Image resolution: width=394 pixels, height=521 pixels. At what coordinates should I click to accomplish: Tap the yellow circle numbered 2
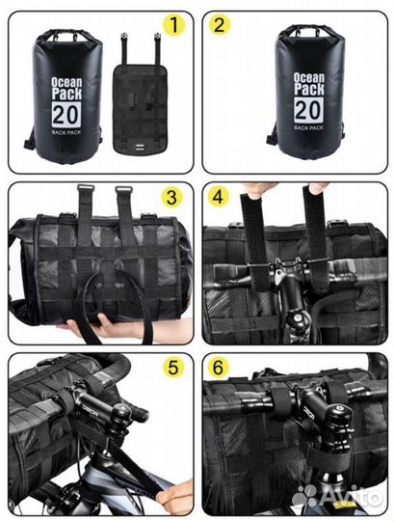coord(220,24)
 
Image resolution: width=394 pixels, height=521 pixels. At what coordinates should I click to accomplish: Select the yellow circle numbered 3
coord(171,198)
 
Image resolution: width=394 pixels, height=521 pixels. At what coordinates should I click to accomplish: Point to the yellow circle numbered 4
coord(219,198)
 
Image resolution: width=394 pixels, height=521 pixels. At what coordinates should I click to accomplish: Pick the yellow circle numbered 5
coord(173,368)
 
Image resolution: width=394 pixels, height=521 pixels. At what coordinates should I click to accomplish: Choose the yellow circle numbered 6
coord(219,368)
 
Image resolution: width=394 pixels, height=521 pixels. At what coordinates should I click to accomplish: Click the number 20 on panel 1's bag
coord(66,115)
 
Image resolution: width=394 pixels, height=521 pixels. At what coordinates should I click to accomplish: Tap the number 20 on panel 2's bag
coord(308,110)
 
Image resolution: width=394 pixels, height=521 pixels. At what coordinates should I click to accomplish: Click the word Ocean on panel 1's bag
coord(66,82)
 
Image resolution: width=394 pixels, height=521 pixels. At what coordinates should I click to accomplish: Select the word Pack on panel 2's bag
coord(309,89)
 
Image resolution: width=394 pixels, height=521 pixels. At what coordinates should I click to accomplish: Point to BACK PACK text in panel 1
coord(66,132)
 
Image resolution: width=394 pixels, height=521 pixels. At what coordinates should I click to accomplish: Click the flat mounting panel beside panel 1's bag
coord(140,107)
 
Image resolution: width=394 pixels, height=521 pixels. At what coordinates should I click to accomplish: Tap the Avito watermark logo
coord(336,497)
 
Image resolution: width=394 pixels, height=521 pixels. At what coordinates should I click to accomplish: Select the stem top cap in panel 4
coord(298,318)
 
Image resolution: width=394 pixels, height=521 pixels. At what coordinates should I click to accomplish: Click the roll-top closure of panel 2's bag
coord(310,32)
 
